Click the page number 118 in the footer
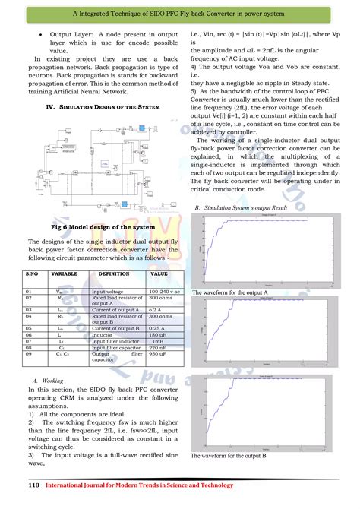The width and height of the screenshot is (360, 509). (x=33, y=485)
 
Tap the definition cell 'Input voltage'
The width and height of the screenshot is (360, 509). (x=109, y=291)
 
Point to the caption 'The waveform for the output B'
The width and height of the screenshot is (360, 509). (x=229, y=456)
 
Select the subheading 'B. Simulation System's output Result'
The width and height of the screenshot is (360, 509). (x=241, y=207)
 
